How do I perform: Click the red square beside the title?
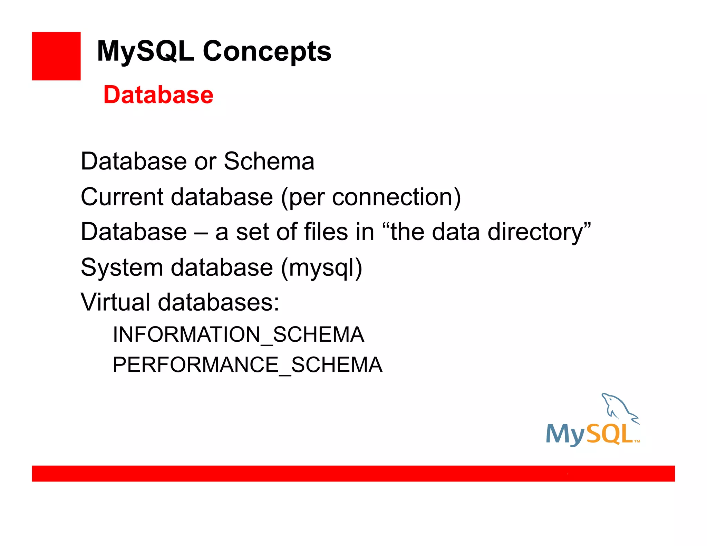[x=56, y=56]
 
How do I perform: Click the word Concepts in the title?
[x=267, y=51]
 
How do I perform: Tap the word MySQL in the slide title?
[x=145, y=51]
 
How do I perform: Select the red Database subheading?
[x=158, y=95]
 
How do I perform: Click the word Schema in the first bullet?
[x=269, y=161]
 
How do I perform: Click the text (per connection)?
[x=371, y=197]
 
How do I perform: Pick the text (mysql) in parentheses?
[x=321, y=268]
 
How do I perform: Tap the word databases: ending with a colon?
[x=218, y=302]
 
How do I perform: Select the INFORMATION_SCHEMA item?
[x=238, y=334]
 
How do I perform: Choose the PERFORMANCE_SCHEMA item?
[x=248, y=365]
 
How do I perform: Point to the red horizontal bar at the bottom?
[x=353, y=473]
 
